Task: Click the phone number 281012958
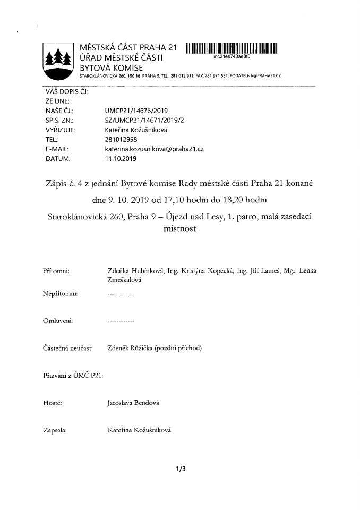pos(122,139)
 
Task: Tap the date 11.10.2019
pos(121,159)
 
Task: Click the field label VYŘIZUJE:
pos(60,130)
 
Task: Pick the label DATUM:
pos(58,159)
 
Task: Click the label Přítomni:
pos(56,271)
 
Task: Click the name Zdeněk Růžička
pos(130,348)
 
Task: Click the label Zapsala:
pos(55,431)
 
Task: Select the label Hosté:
pos(53,403)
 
